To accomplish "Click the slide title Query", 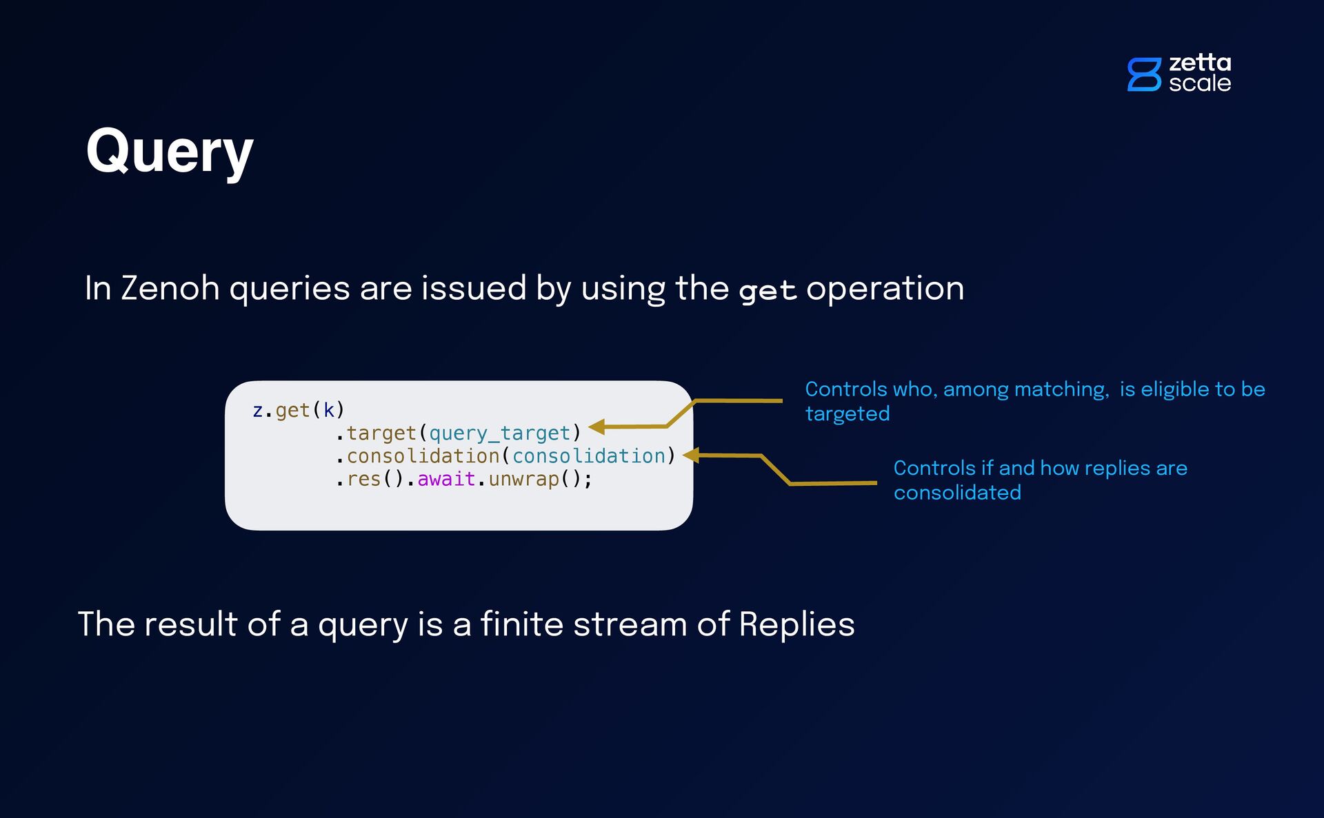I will pos(170,152).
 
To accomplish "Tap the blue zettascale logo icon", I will pos(1144,74).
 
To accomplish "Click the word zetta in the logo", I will pos(1200,63).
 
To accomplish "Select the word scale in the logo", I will pos(1200,83).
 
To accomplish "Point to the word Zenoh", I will pos(170,288).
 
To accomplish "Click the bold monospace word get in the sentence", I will pos(768,290).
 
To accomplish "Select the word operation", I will pos(885,288).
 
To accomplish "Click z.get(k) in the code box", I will pos(299,410).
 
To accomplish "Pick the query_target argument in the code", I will pos(500,433).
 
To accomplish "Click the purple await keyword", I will pos(446,479).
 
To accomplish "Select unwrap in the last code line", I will pos(523,479).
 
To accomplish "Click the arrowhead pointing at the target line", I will pos(597,427).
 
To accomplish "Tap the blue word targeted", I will pos(847,413).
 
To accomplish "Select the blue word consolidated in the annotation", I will pos(957,493).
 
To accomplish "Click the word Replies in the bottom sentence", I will pos(796,624).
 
